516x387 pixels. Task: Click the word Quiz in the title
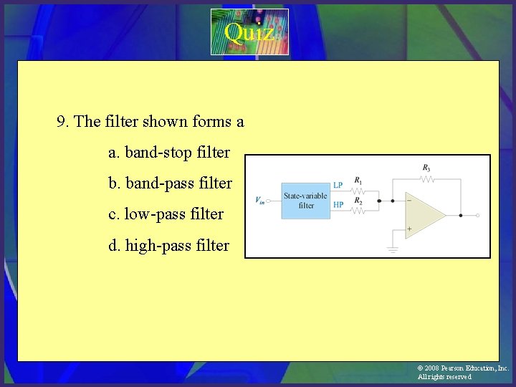248,32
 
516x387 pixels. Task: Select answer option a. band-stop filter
168,153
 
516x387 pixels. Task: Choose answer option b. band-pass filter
170,183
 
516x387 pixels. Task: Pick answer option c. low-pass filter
166,214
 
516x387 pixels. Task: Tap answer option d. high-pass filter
168,246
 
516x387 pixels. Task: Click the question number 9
62,122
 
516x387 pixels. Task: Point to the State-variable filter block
305,201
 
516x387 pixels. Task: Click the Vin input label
259,200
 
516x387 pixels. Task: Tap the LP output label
338,185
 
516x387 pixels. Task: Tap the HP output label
338,205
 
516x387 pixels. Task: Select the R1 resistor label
358,180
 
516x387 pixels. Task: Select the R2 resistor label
358,201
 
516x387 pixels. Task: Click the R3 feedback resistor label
426,168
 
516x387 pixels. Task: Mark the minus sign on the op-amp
409,201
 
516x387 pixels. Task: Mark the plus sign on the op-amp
409,229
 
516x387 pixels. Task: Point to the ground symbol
393,249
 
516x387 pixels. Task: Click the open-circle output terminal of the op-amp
478,215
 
